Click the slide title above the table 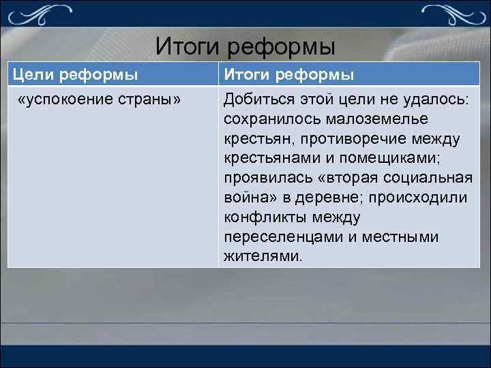245,46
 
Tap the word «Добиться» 256,101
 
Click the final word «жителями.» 261,257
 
